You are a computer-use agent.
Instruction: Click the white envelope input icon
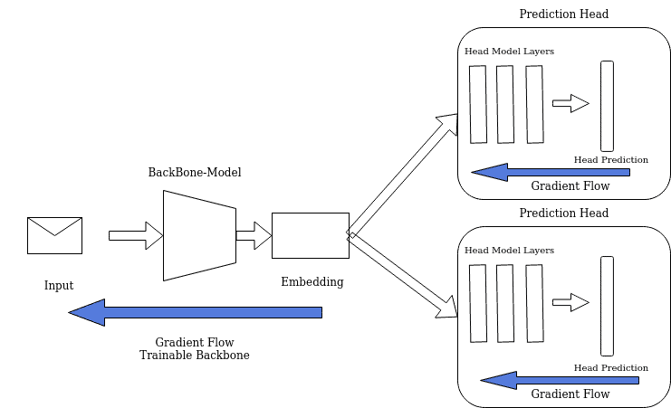click(x=54, y=235)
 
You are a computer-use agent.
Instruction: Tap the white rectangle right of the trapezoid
click(x=311, y=235)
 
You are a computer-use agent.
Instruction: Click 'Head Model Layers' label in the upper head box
click(x=509, y=52)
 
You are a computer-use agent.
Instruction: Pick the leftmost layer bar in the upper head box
click(x=478, y=104)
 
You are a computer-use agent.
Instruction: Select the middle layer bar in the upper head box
click(x=505, y=104)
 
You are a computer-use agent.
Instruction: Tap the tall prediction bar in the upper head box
click(x=607, y=106)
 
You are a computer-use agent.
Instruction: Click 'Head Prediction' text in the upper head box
click(x=611, y=160)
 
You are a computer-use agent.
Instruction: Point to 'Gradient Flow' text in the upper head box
click(x=570, y=186)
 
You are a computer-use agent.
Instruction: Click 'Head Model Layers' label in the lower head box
click(x=509, y=250)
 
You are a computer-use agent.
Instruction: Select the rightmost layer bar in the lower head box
click(x=534, y=303)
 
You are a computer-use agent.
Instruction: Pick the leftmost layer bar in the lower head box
click(x=478, y=303)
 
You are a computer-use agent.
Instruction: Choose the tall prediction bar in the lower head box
click(x=607, y=306)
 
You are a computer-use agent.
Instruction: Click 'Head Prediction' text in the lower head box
click(x=611, y=368)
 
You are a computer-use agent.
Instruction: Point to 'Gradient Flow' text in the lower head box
click(x=570, y=394)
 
